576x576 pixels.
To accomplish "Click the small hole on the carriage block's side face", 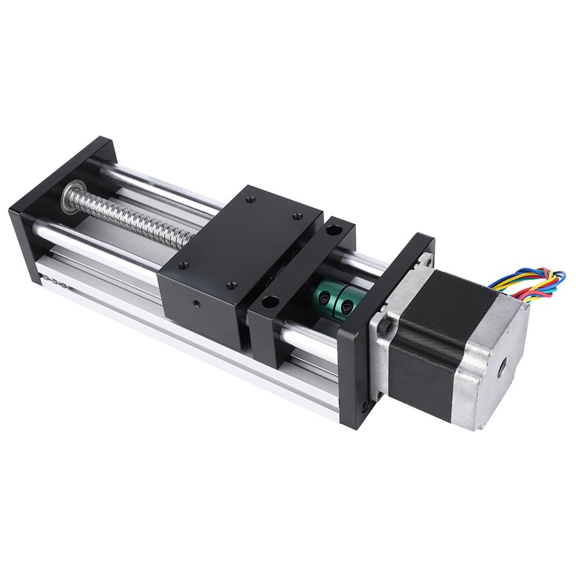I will coord(195,304).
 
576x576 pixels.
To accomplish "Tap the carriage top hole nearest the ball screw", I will coord(251,199).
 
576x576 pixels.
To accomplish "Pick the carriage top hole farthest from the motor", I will coord(251,199).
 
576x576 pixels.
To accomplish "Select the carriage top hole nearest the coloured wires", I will coord(297,216).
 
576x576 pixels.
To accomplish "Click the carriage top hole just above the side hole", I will coord(231,285).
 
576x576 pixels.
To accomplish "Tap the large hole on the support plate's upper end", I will coord(335,230).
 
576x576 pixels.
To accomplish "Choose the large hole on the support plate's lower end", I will coord(270,301).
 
